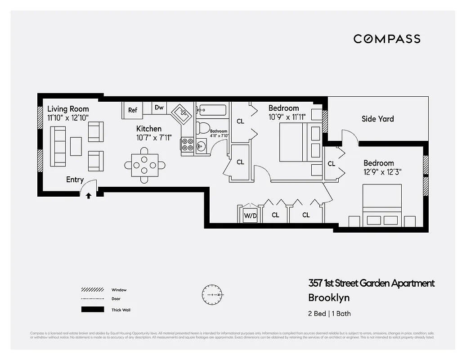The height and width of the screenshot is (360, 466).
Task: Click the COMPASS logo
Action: pyautogui.click(x=387, y=39)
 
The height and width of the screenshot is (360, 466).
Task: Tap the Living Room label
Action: pyautogui.click(x=68, y=109)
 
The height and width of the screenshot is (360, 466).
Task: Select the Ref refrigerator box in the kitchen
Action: pyautogui.click(x=133, y=110)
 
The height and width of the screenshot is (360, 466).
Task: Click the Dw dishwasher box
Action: pyautogui.click(x=159, y=108)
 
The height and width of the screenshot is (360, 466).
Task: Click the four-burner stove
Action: pyautogui.click(x=187, y=144)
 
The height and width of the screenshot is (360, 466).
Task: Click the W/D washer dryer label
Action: pyautogui.click(x=250, y=215)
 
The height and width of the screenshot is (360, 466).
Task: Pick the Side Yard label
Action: pyautogui.click(x=377, y=119)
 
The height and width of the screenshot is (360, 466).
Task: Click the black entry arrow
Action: pyautogui.click(x=89, y=196)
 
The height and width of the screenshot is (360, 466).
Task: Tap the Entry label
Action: pyautogui.click(x=75, y=180)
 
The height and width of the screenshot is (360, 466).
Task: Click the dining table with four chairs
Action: pyautogui.click(x=144, y=165)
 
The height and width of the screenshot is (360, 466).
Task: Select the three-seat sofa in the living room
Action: pyautogui.click(x=58, y=146)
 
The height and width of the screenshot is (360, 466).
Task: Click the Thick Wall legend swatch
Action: pyautogui.click(x=90, y=310)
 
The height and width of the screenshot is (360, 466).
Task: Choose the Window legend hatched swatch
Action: pyautogui.click(x=90, y=290)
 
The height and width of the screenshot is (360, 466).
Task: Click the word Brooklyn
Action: pyautogui.click(x=329, y=297)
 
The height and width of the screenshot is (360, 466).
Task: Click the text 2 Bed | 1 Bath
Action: pyautogui.click(x=329, y=314)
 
